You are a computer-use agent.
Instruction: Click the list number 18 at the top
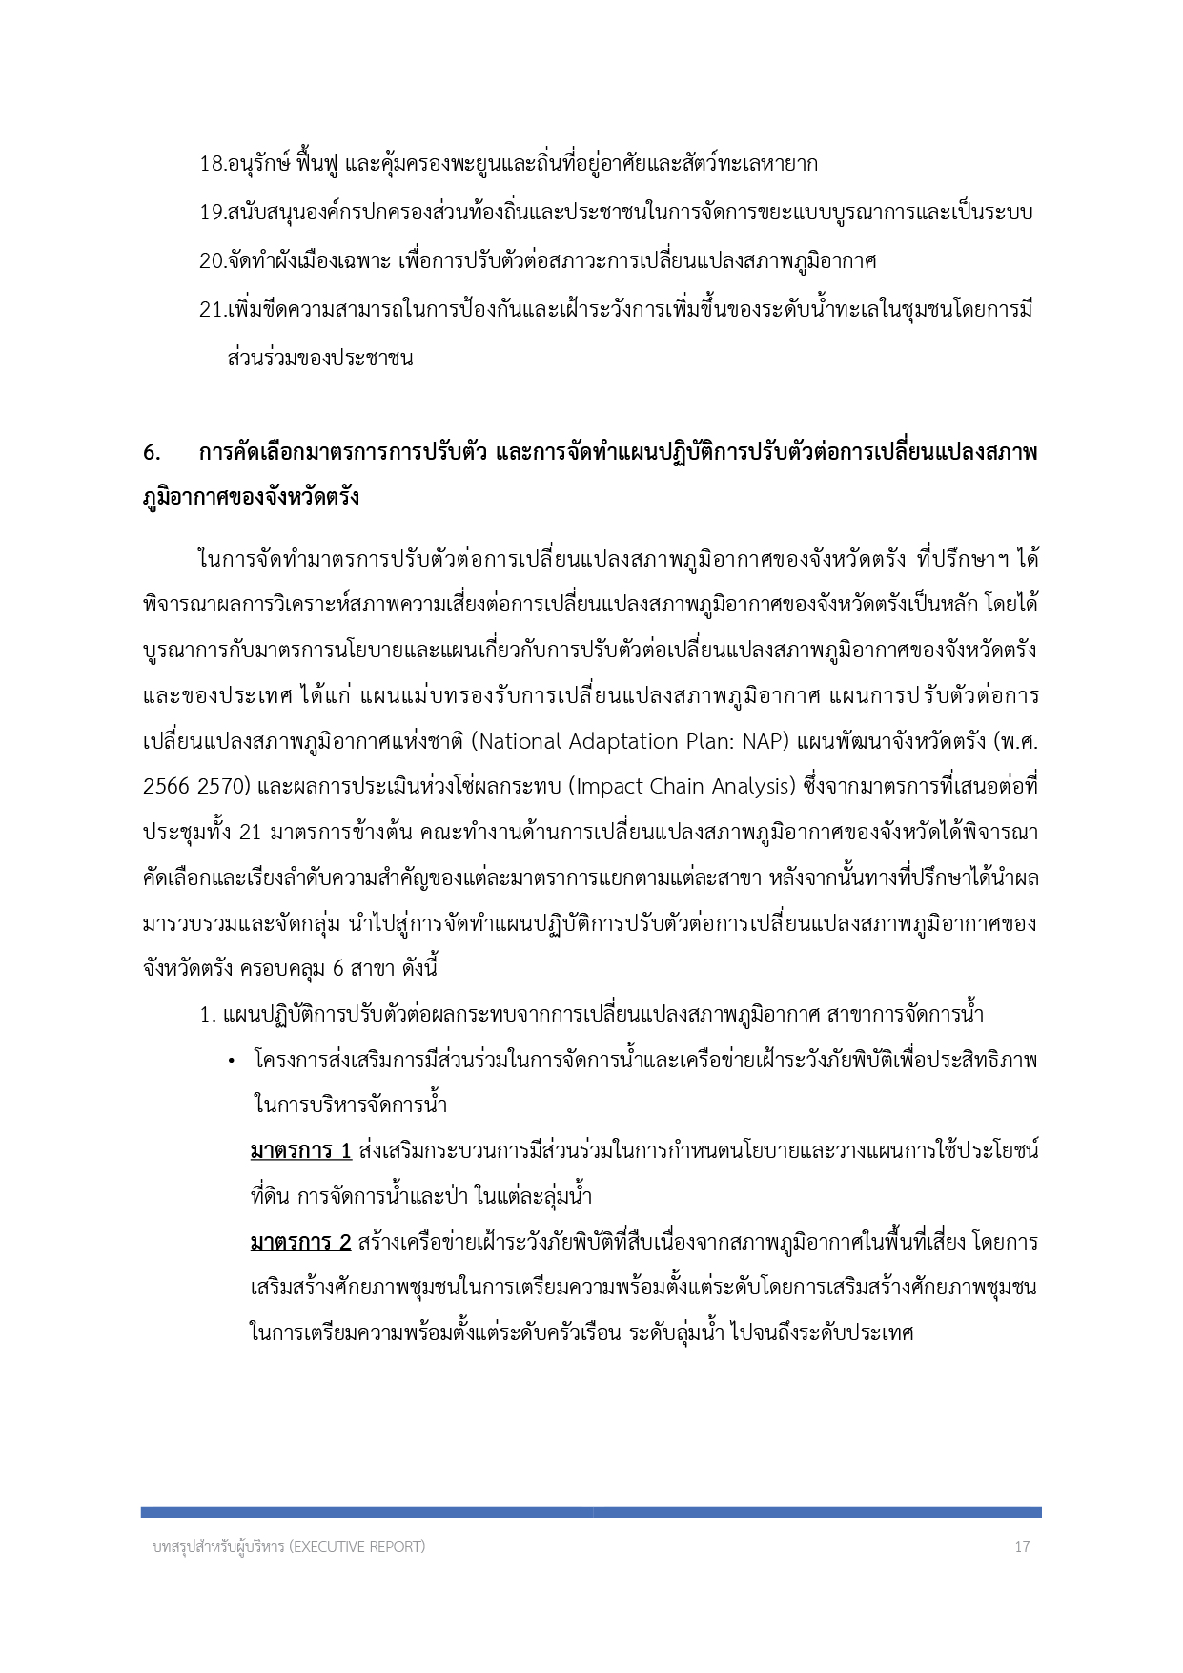[211, 164]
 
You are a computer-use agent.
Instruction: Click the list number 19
[211, 213]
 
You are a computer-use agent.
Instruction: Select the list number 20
[211, 260]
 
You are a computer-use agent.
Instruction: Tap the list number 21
[211, 310]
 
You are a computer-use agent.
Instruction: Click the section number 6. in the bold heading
[152, 452]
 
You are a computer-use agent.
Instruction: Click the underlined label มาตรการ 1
[300, 1150]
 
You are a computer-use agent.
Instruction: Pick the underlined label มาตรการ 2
[300, 1242]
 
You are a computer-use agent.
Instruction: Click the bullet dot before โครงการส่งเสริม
[231, 1062]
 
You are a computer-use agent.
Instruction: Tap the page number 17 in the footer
[1022, 1547]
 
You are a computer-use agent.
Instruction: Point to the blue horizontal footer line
[591, 1512]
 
